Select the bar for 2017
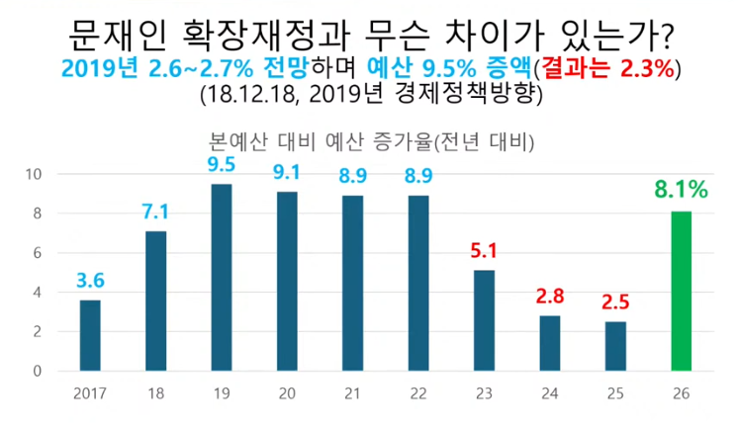tap(90, 335)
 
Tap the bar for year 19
tap(222, 278)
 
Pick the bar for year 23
tap(485, 320)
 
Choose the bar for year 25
tap(615, 346)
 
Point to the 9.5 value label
tap(222, 164)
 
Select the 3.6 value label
tap(90, 281)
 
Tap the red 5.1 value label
tap(485, 251)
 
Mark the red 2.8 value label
tap(550, 297)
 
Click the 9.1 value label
tap(287, 172)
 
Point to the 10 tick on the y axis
tap(34, 174)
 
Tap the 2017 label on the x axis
tap(90, 392)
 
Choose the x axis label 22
tap(419, 392)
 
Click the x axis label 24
tap(550, 392)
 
